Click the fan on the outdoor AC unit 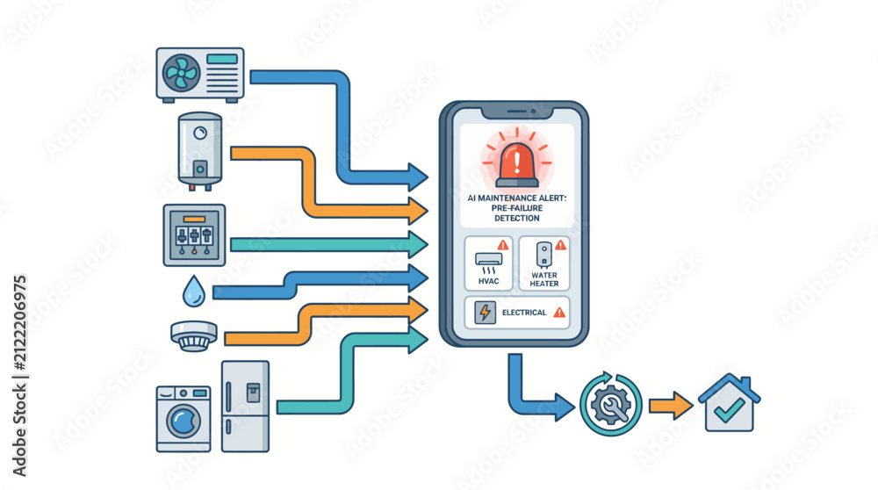181,73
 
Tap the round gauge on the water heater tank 200,133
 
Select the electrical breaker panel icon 194,234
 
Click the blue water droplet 194,292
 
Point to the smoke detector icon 194,335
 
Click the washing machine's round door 184,421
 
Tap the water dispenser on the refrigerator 253,393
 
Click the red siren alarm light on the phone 517,164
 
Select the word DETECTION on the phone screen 517,219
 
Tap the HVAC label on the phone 488,281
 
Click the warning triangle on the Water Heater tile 560,244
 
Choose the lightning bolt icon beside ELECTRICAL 485,313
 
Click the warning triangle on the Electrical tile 558,313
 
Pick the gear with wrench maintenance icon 610,405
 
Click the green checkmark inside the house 729,410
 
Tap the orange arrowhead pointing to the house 682,406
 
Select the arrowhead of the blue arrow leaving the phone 564,407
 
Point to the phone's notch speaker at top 516,112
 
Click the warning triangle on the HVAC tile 503,245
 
